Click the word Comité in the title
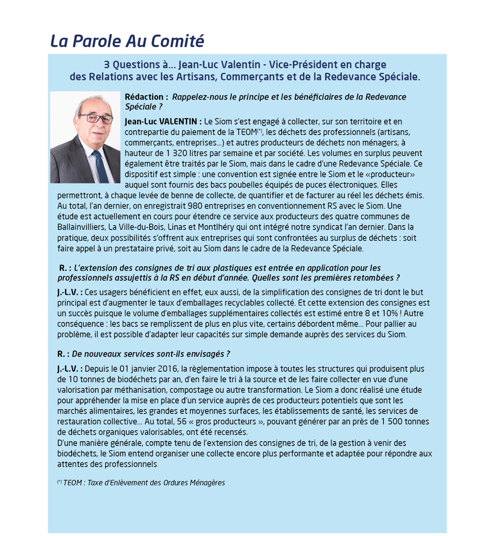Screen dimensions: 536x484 tap(178, 42)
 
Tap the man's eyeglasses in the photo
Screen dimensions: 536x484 tap(95, 118)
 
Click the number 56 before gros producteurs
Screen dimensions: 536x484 tap(181, 422)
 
